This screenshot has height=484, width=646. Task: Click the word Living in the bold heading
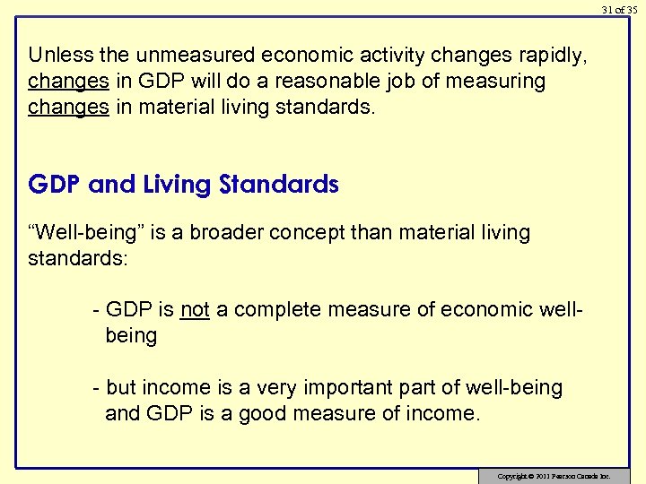[x=175, y=186]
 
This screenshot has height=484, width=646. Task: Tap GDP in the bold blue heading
[x=56, y=186]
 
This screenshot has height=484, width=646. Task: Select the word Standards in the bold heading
[x=278, y=186]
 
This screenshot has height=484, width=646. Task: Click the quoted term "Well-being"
[x=90, y=233]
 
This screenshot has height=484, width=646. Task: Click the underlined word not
[x=195, y=310]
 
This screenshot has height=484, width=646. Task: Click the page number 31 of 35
[x=619, y=10]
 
